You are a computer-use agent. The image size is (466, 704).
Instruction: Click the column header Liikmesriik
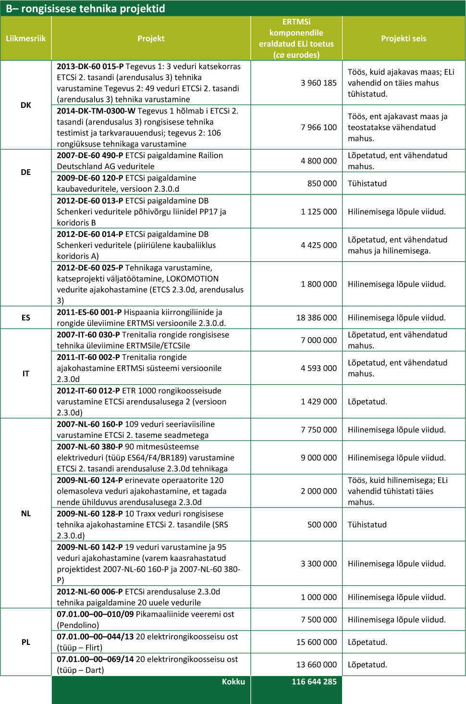click(x=26, y=38)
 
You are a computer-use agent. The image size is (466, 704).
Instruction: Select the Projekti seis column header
click(x=404, y=38)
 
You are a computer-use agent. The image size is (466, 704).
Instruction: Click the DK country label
click(x=26, y=105)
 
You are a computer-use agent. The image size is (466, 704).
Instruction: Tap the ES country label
click(x=26, y=318)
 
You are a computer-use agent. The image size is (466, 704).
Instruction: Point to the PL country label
click(x=26, y=642)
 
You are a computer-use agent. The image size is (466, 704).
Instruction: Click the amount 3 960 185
click(x=319, y=83)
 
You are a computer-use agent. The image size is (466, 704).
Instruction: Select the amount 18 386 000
click(x=316, y=318)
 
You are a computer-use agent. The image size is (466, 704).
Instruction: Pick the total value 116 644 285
click(x=314, y=681)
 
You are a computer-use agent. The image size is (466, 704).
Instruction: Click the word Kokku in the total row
click(x=233, y=681)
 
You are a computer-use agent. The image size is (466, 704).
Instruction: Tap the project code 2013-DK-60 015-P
click(x=90, y=66)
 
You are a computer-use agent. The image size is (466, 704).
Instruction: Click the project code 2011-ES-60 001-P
click(x=89, y=312)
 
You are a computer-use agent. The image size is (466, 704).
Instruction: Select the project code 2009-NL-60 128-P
click(x=89, y=514)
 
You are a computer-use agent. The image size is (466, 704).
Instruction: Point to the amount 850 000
click(x=322, y=184)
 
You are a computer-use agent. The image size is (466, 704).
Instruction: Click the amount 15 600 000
click(x=316, y=642)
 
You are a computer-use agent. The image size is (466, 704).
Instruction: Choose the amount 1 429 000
click(x=319, y=402)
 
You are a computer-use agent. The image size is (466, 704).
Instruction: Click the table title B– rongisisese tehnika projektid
click(x=86, y=8)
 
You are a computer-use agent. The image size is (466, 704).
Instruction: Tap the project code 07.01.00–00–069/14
click(x=95, y=659)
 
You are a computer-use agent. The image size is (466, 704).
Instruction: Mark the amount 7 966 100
click(x=319, y=127)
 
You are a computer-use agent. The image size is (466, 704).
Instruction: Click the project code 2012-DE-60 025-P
click(x=90, y=268)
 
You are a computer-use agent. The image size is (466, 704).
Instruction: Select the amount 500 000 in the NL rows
click(x=322, y=525)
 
